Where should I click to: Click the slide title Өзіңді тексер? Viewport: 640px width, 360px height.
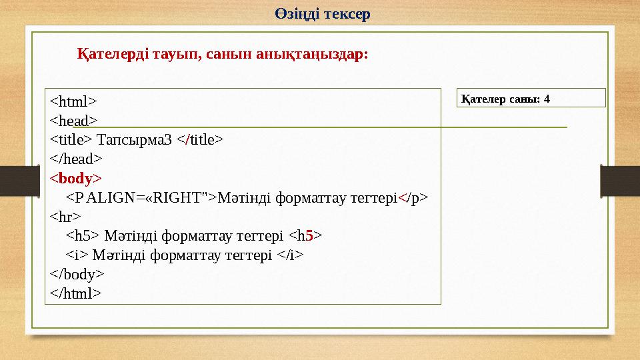point(322,13)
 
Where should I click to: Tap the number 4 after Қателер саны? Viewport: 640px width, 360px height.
point(547,99)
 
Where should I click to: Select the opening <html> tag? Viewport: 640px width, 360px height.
point(73,102)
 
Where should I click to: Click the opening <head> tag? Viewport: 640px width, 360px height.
point(73,121)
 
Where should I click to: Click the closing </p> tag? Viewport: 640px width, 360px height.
point(413,197)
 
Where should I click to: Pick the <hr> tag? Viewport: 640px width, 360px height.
point(65,217)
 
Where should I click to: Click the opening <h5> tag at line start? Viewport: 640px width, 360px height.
point(83,236)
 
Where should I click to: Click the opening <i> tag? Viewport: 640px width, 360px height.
point(77,255)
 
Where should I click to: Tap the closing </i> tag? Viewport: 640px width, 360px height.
point(291,255)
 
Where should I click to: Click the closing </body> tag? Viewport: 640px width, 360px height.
point(77,274)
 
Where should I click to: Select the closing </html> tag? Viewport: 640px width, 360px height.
point(76,293)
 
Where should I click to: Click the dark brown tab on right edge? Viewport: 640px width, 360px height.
point(619,180)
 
